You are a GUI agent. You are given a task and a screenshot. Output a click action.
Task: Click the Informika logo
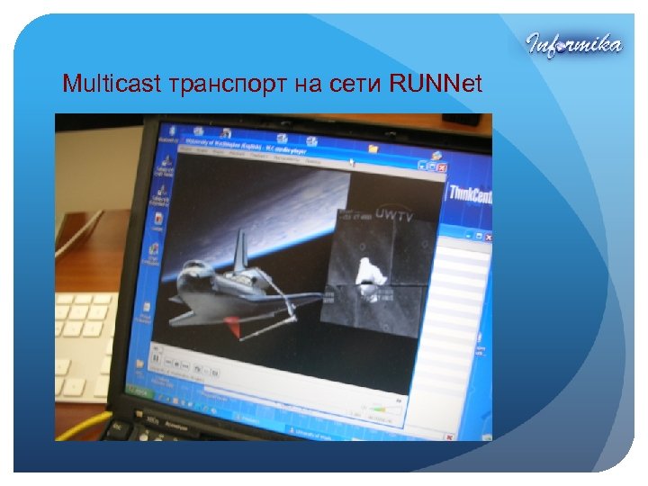[x=573, y=44]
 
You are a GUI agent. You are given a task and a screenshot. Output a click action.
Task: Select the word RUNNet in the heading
[x=436, y=85]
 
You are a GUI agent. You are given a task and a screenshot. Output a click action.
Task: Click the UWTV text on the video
[x=393, y=216]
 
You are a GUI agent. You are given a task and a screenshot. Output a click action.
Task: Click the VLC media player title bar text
[x=238, y=141]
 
